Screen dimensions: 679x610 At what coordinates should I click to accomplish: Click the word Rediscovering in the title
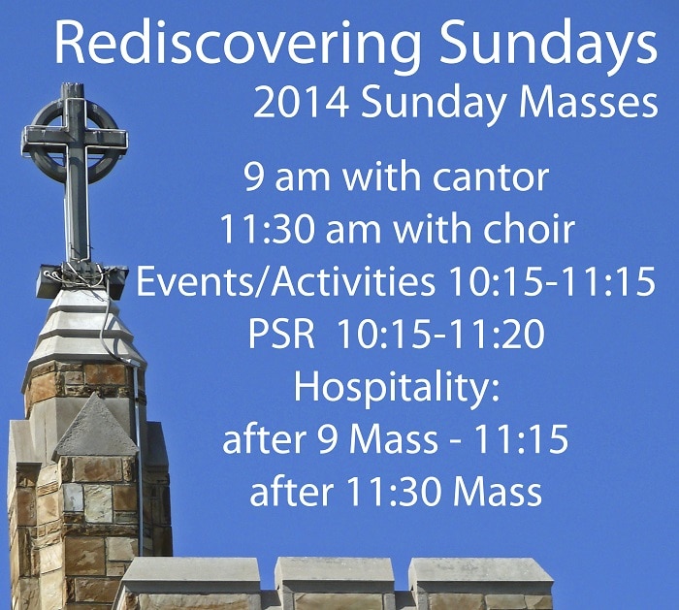(x=238, y=45)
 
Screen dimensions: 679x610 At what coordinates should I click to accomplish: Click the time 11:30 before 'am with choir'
(x=267, y=229)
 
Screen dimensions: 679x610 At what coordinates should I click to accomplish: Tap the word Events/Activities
(x=285, y=281)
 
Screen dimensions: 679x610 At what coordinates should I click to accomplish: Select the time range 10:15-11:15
(x=552, y=281)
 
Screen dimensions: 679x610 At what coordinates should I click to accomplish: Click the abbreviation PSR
(x=281, y=334)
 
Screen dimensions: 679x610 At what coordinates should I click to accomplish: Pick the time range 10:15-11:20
(x=440, y=334)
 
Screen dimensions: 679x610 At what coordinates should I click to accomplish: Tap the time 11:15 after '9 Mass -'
(x=522, y=438)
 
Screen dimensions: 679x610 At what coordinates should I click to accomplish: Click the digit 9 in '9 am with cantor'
(x=253, y=177)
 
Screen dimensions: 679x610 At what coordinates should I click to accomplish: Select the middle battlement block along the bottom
(x=335, y=575)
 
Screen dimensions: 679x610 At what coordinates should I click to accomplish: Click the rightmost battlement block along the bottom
(x=481, y=576)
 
